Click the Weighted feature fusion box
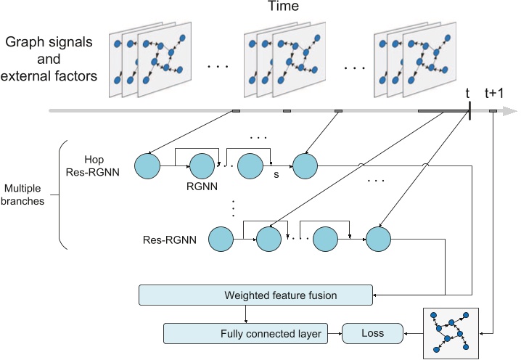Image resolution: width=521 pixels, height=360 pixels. pyautogui.click(x=255, y=295)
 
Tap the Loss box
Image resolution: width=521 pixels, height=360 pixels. pyautogui.click(x=373, y=334)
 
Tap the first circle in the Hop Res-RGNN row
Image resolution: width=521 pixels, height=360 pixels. pyautogui.click(x=149, y=165)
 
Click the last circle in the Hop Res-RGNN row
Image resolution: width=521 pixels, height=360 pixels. pyautogui.click(x=305, y=165)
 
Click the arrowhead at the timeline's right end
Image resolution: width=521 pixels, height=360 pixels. pyautogui.click(x=512, y=111)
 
